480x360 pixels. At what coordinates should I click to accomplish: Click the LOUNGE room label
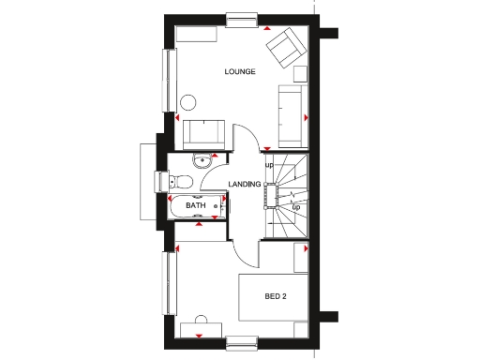241,72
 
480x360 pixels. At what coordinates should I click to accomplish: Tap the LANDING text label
245,184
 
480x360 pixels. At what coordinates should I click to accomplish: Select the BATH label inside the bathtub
195,205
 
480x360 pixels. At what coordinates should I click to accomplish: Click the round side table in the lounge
189,102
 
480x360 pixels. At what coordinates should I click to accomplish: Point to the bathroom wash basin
204,161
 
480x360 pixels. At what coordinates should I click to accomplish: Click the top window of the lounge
241,18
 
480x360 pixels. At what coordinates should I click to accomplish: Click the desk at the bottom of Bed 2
200,328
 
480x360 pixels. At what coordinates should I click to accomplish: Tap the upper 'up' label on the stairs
269,165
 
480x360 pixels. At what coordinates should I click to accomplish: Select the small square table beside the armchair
300,74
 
